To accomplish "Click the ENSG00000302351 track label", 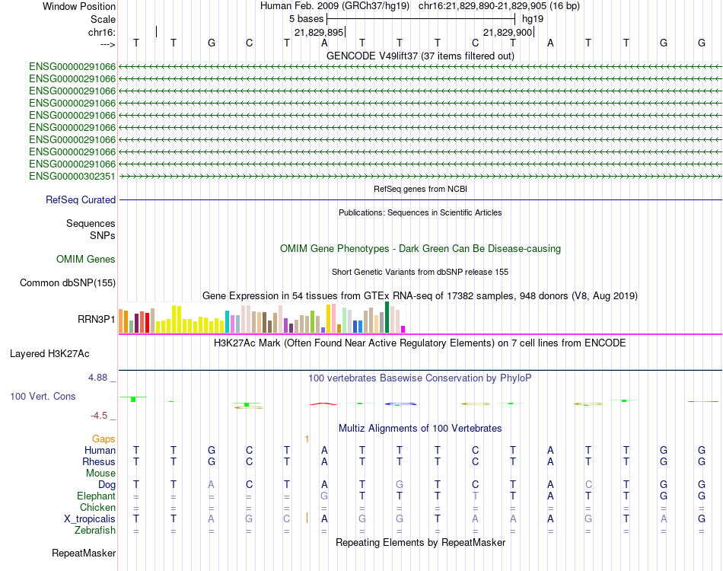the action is click(x=72, y=176).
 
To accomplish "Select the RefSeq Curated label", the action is click(x=81, y=199).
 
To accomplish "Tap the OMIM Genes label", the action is click(x=86, y=259).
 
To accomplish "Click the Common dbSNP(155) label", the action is click(x=68, y=282).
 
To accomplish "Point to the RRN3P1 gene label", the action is click(x=97, y=319).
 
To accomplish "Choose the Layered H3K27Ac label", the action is click(x=49, y=354).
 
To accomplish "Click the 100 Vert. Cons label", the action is click(x=43, y=396).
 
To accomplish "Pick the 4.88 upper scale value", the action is click(x=97, y=378).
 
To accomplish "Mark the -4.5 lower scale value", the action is click(x=99, y=416).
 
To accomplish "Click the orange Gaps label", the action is click(x=104, y=439).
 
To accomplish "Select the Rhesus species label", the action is click(x=99, y=461).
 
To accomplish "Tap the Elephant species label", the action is click(x=96, y=496).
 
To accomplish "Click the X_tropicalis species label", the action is click(x=90, y=519).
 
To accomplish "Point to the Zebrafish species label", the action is click(x=95, y=531).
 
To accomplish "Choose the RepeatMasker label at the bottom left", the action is click(x=84, y=553).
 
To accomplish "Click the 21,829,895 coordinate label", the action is click(x=319, y=32).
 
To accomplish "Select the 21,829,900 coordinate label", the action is click(x=508, y=32).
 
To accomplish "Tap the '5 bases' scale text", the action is click(x=306, y=19).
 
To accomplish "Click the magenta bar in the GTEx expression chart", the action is click(x=403, y=330).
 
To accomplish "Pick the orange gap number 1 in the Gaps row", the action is click(x=307, y=439).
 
